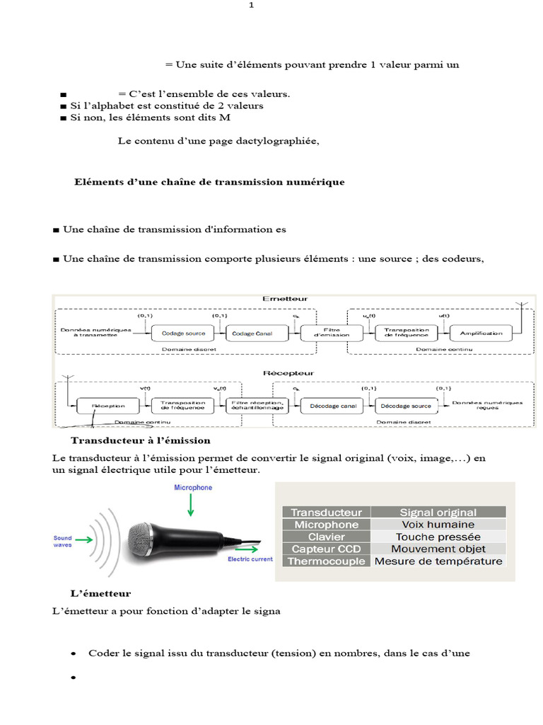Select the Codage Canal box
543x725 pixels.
(x=247, y=333)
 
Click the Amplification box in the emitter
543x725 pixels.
(x=481, y=333)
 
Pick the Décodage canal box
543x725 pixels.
(x=332, y=406)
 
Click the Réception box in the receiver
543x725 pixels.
(x=107, y=406)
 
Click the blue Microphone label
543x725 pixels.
(x=193, y=488)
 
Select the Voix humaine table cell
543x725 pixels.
(x=438, y=525)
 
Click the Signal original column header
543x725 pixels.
(x=438, y=513)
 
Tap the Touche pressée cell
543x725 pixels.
(x=438, y=537)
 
